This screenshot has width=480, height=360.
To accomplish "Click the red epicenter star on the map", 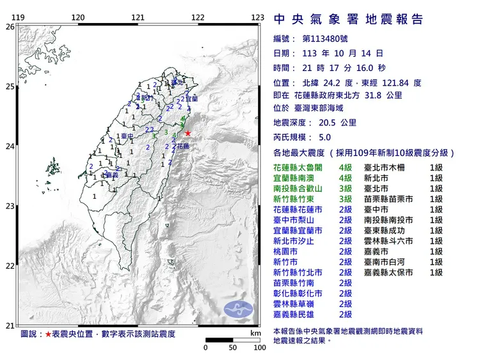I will (x=188, y=133).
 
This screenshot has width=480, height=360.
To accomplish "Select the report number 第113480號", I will (x=325, y=39).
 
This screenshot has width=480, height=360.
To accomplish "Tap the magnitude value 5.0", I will (x=324, y=137).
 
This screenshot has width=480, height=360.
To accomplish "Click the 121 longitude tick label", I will (x=138, y=17).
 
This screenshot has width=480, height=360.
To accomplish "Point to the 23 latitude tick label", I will (x=9, y=207).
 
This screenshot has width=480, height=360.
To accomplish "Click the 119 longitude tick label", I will (x=19, y=17).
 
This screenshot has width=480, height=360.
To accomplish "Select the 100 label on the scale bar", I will (x=259, y=348).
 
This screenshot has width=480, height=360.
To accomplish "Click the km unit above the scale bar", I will (x=255, y=334).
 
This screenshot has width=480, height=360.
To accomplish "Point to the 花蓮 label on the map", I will (x=183, y=146).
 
